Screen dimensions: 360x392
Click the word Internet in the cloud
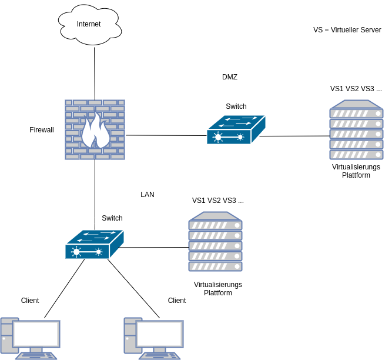point(89,24)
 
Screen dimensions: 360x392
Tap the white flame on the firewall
point(95,132)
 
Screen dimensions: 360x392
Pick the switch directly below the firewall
point(94,245)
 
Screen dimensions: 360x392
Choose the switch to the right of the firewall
point(236,130)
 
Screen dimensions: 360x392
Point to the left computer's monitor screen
point(36,334)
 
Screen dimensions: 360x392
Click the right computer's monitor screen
point(160,334)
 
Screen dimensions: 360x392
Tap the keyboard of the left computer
point(36,356)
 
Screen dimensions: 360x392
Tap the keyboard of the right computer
point(160,356)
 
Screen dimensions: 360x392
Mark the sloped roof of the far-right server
point(356,104)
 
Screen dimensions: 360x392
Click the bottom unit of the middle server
point(215,266)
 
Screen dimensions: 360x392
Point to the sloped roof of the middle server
point(215,216)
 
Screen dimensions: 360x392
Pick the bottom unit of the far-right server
point(356,155)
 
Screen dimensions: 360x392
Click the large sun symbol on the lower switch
point(76,252)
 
